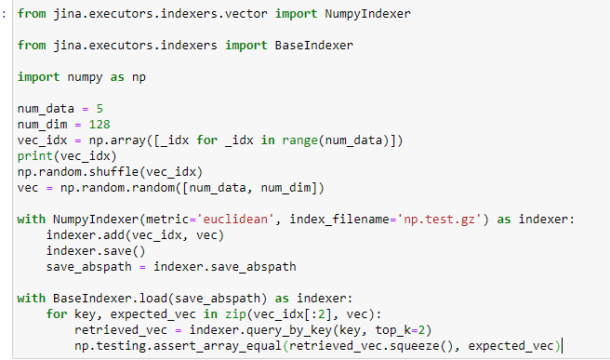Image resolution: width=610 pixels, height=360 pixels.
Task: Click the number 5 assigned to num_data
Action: click(x=99, y=109)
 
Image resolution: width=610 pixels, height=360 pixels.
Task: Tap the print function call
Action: click(x=34, y=155)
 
